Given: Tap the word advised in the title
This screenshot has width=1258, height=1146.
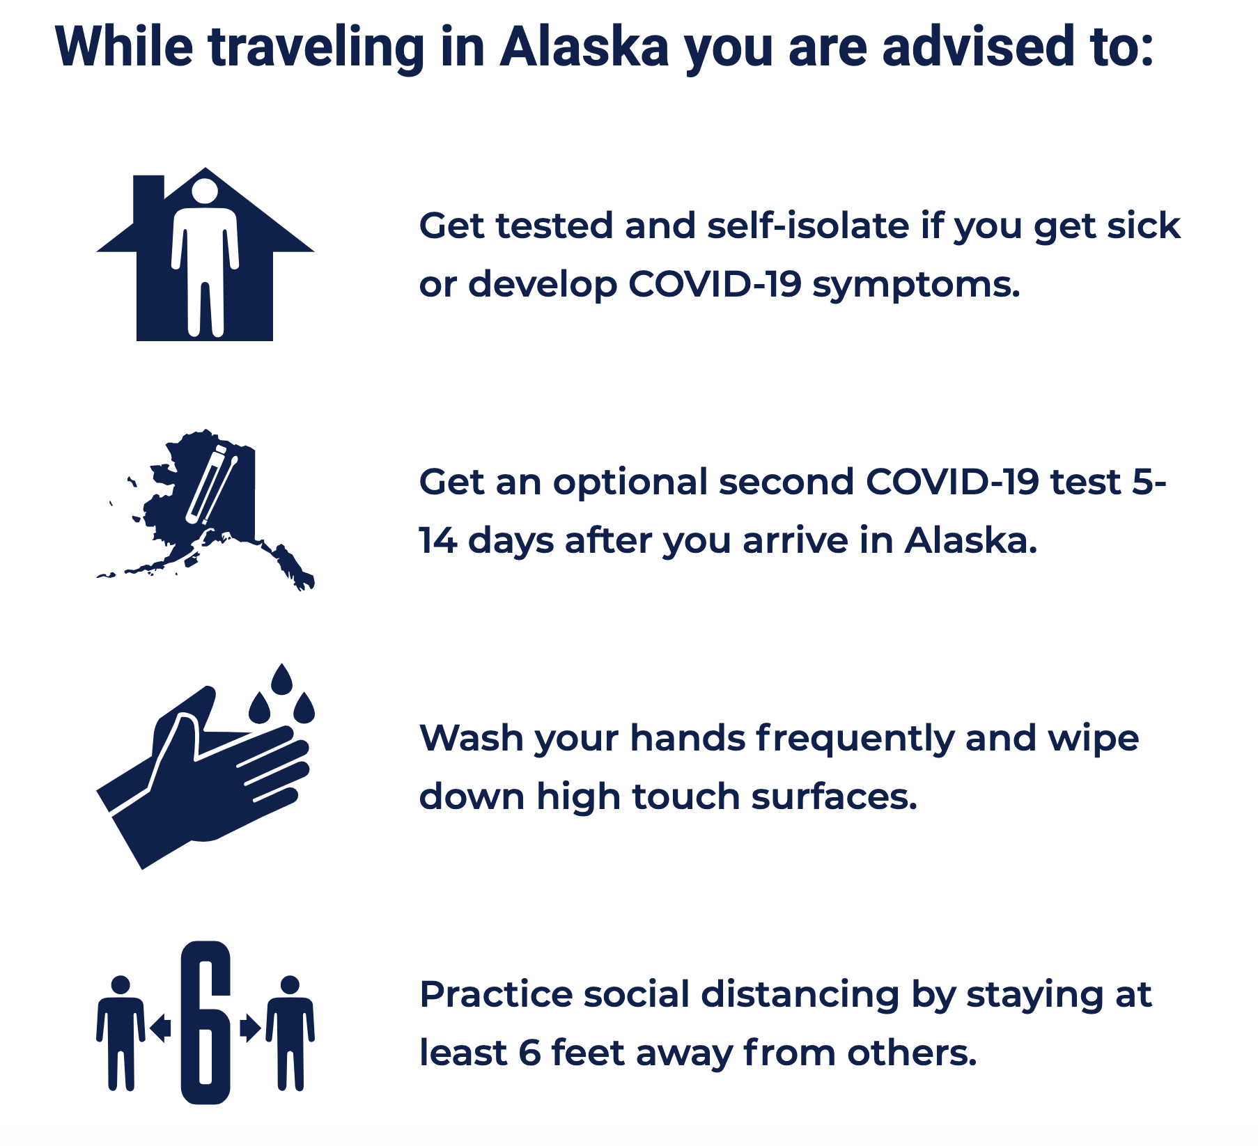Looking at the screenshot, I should pyautogui.click(x=978, y=47).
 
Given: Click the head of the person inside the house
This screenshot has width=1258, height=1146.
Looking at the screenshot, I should pyautogui.click(x=205, y=192).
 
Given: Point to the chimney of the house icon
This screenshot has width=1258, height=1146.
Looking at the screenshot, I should pyautogui.click(x=148, y=198).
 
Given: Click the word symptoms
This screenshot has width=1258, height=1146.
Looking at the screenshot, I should pyautogui.click(x=916, y=285).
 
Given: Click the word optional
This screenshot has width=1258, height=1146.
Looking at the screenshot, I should pyautogui.click(x=630, y=482).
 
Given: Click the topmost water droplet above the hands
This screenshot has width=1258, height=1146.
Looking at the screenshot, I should pyautogui.click(x=281, y=679).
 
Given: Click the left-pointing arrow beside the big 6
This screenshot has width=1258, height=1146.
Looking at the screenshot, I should pyautogui.click(x=161, y=1028).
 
